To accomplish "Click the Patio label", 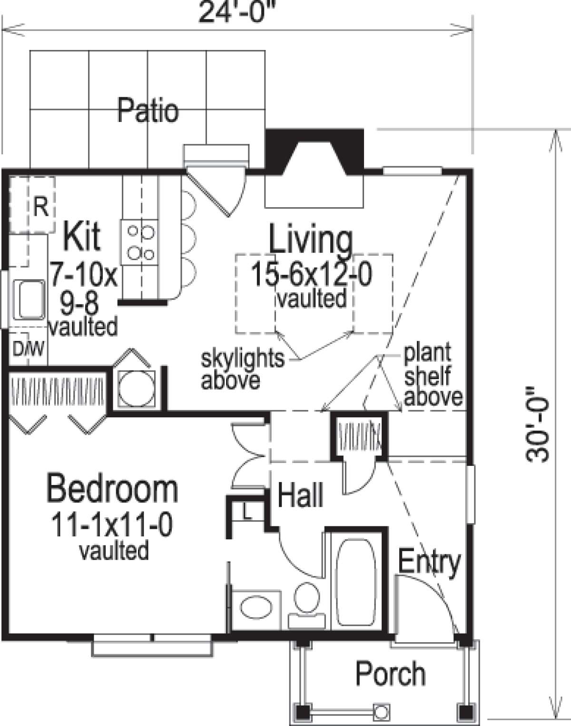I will pos(148,111).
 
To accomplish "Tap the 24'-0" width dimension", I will pos(237,12).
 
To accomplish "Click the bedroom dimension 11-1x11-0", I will pos(112,525).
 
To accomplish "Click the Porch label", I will pos(390,674).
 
